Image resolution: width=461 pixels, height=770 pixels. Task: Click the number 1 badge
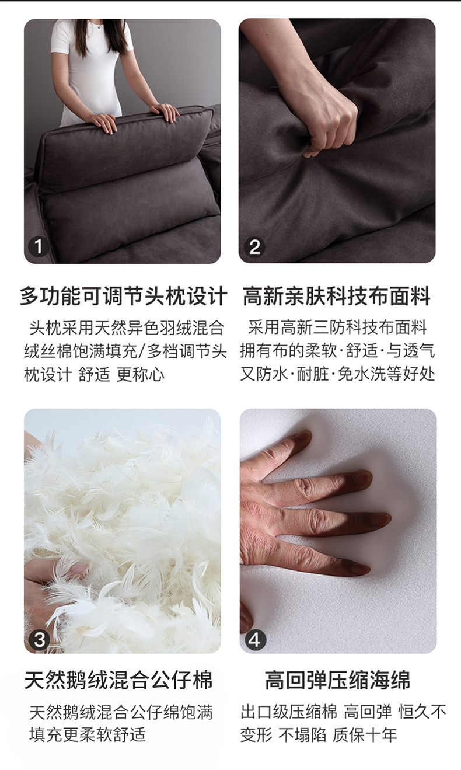(38, 246)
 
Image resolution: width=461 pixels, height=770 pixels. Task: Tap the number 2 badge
(254, 247)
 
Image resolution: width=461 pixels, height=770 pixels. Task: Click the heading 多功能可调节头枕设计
(123, 296)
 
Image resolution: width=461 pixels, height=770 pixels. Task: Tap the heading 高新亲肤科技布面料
(337, 296)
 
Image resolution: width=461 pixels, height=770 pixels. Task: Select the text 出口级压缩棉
(288, 712)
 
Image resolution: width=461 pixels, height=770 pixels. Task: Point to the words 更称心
(140, 374)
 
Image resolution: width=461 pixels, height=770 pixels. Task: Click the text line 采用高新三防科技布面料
(337, 327)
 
